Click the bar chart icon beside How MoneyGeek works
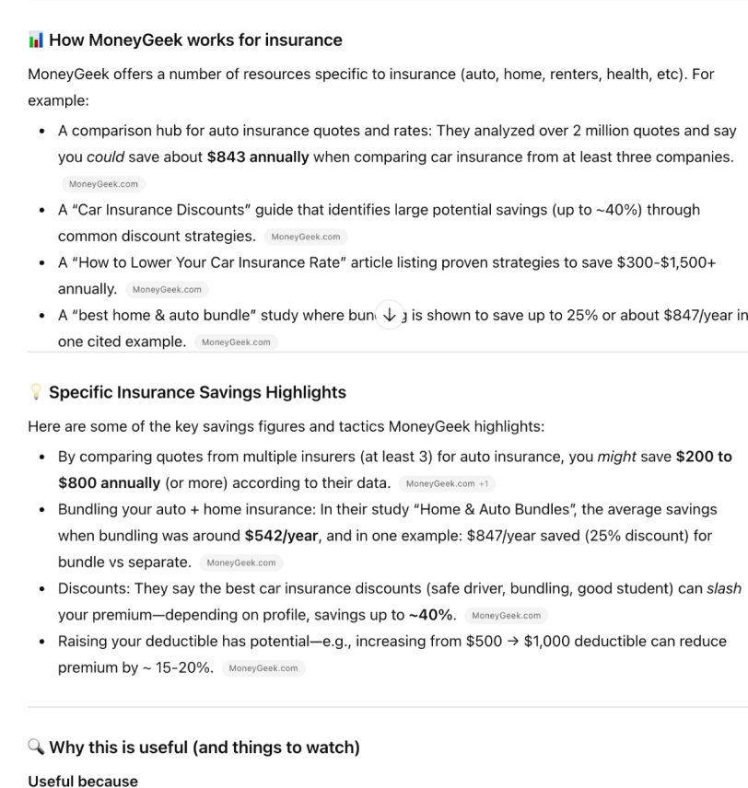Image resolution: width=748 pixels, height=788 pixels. click(x=36, y=41)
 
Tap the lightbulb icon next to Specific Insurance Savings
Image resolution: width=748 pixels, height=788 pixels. click(x=36, y=392)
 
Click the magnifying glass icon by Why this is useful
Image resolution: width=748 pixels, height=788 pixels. click(x=36, y=747)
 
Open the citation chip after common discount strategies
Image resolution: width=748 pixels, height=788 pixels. click(x=307, y=237)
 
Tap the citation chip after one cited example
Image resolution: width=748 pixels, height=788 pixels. click(x=236, y=342)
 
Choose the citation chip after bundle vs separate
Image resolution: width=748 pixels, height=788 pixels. click(x=241, y=562)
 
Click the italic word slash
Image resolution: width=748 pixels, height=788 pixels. click(x=723, y=588)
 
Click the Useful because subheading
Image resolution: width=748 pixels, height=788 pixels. click(x=83, y=781)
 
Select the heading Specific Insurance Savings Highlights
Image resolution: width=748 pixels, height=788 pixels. click(x=197, y=392)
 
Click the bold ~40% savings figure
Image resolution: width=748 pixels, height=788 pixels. click(x=432, y=615)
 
